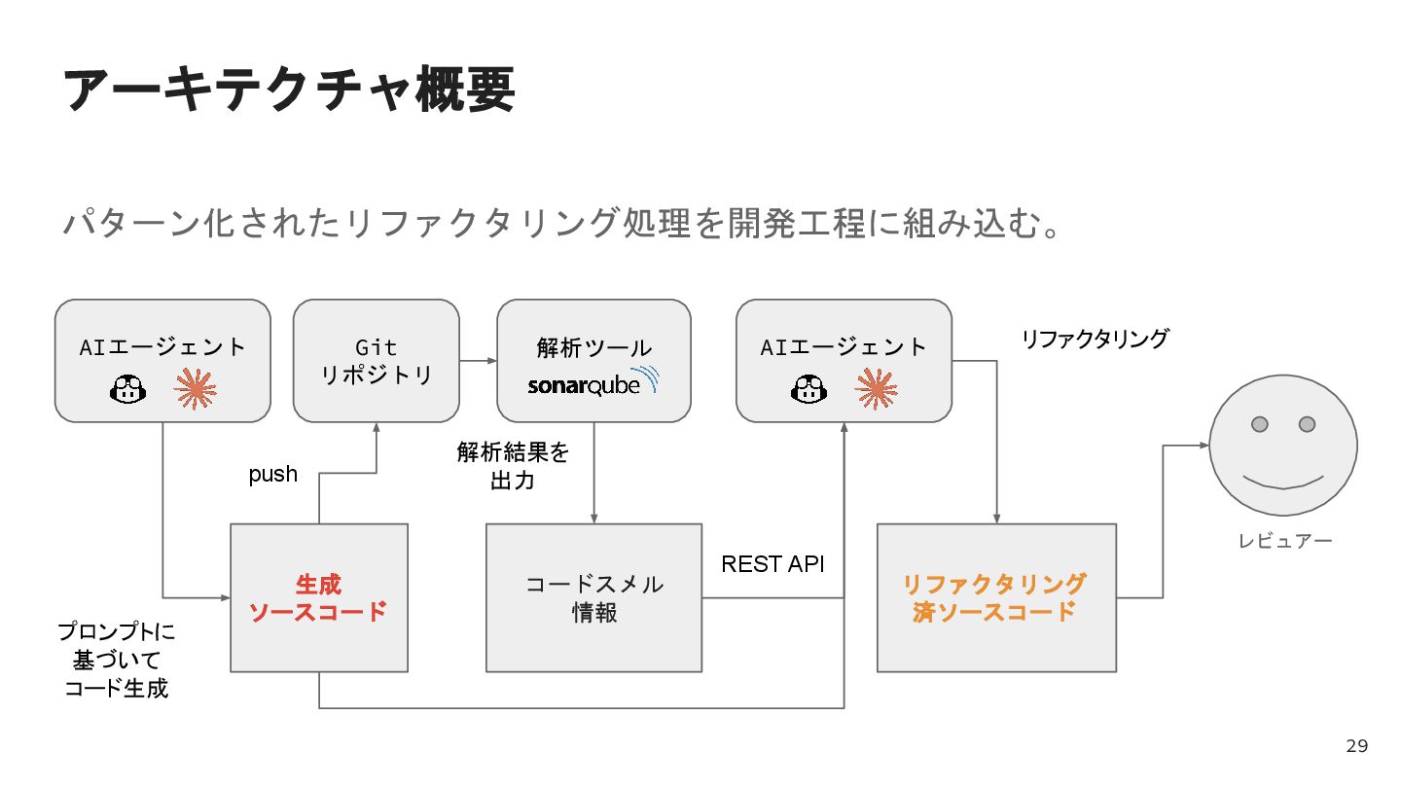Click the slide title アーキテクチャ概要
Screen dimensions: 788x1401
click(289, 90)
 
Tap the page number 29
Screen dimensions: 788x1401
click(1356, 746)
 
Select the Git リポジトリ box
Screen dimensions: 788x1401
click(376, 360)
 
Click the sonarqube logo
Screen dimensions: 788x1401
click(593, 381)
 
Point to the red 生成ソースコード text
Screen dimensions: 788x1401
click(318, 598)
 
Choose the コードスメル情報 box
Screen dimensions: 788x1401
click(593, 597)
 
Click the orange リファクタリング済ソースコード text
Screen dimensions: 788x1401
click(994, 597)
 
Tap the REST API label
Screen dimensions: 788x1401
click(772, 564)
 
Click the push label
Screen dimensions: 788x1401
click(272, 475)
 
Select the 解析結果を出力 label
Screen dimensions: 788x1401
click(513, 466)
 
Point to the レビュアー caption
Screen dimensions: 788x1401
click(1284, 541)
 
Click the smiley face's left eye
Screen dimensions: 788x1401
click(1260, 424)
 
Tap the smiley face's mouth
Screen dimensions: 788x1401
click(1282, 480)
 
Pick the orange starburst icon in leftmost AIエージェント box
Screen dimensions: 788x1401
click(195, 390)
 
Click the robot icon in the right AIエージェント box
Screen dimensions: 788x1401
click(808, 390)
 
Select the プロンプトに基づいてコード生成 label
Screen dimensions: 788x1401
click(117, 661)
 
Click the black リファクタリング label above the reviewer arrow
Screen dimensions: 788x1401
click(1094, 340)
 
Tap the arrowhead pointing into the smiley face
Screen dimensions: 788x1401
click(1204, 446)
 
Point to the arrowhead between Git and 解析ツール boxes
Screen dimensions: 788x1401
click(491, 361)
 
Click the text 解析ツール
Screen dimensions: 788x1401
click(593, 347)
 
